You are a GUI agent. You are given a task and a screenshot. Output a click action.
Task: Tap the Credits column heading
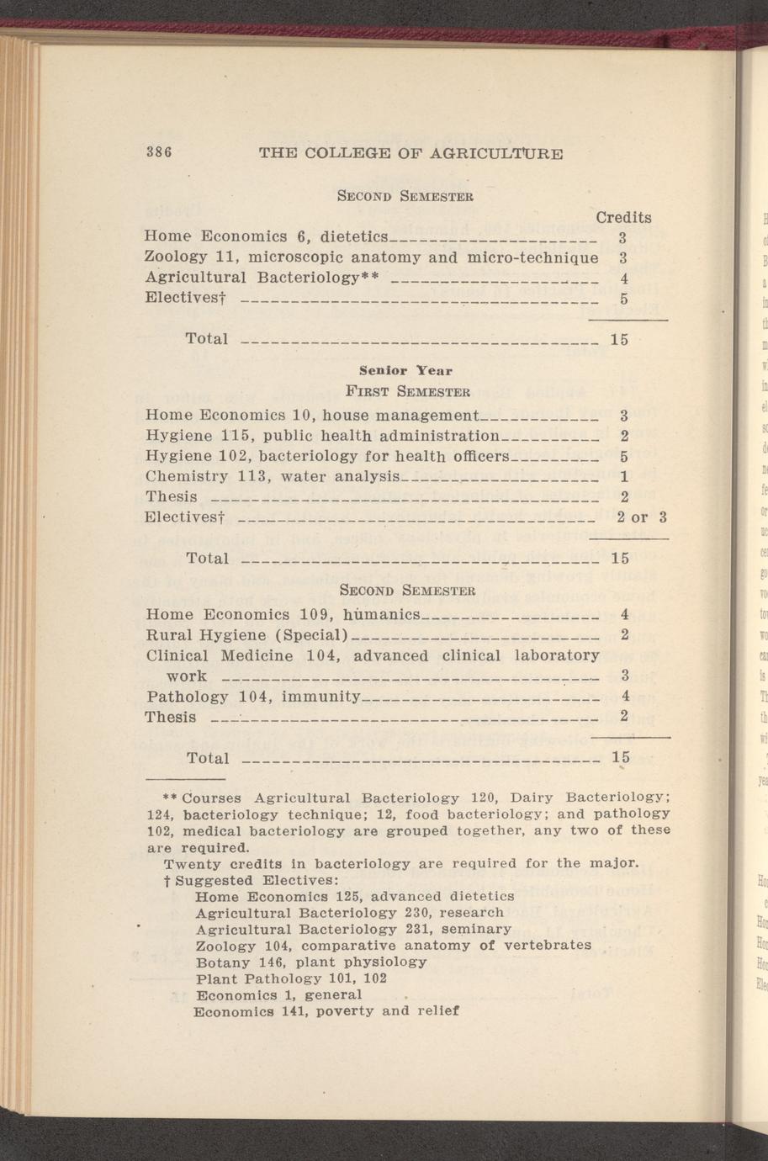click(623, 217)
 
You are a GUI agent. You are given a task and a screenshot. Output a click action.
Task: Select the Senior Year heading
click(405, 370)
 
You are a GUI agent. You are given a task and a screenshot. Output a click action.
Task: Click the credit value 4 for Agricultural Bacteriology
click(623, 278)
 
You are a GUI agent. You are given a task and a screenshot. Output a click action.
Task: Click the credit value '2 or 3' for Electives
click(641, 517)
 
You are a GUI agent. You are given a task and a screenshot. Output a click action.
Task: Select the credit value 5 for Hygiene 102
click(624, 457)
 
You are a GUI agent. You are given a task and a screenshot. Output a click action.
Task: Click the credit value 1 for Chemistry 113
click(624, 477)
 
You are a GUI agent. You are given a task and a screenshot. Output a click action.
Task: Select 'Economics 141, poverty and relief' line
click(326, 1011)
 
